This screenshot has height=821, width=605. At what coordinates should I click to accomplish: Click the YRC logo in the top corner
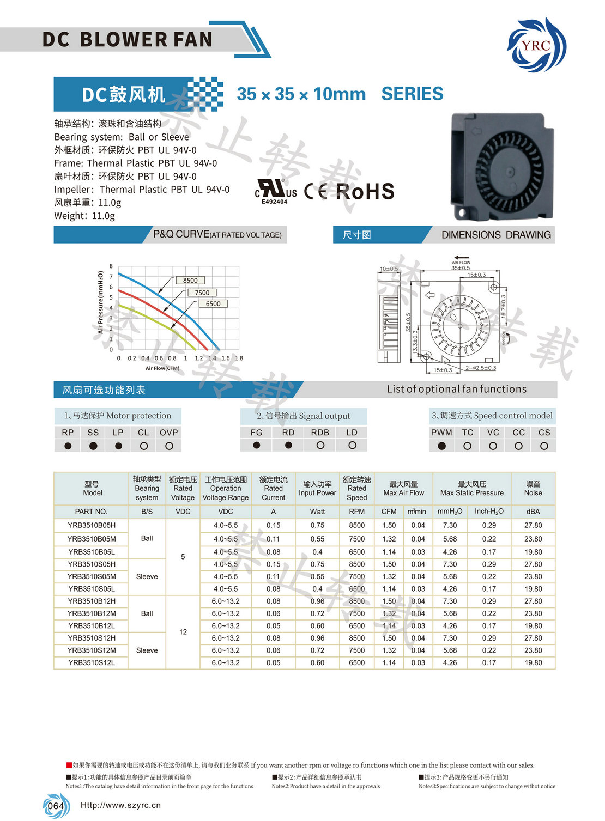coord(536,45)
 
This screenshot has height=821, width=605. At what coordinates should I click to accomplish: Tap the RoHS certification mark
coord(365,191)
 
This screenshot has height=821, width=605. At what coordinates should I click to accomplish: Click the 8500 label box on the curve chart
coord(190,281)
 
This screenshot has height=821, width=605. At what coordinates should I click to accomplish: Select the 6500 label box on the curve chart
coord(213,304)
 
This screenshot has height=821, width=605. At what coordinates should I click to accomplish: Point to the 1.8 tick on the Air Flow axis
coord(239,358)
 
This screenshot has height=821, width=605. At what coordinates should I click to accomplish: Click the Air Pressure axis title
coord(100,302)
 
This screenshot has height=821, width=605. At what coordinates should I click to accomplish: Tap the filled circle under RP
coord(68,446)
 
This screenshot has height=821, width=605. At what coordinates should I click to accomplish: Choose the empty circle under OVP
coord(169,446)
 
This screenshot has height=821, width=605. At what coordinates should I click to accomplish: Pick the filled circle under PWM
coord(441,446)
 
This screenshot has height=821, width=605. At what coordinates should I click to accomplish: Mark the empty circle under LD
coord(352,445)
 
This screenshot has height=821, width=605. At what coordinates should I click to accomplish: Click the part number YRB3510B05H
coord(92,525)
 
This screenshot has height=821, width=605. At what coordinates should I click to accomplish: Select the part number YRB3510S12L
coord(92,663)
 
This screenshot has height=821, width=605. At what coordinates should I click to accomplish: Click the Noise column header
coord(533,488)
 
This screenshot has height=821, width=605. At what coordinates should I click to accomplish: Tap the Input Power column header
coord(317,488)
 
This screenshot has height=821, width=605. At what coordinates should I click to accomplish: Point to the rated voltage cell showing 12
coord(183,632)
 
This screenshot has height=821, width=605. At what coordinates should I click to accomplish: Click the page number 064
coord(56,806)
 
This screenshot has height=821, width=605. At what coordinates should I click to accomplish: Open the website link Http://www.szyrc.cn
coord(120,805)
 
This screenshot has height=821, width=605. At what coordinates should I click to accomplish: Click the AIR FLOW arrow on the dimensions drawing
coord(461,258)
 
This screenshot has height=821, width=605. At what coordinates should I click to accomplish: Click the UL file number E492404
coord(274,202)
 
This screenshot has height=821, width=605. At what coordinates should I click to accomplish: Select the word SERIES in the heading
coord(412,94)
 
